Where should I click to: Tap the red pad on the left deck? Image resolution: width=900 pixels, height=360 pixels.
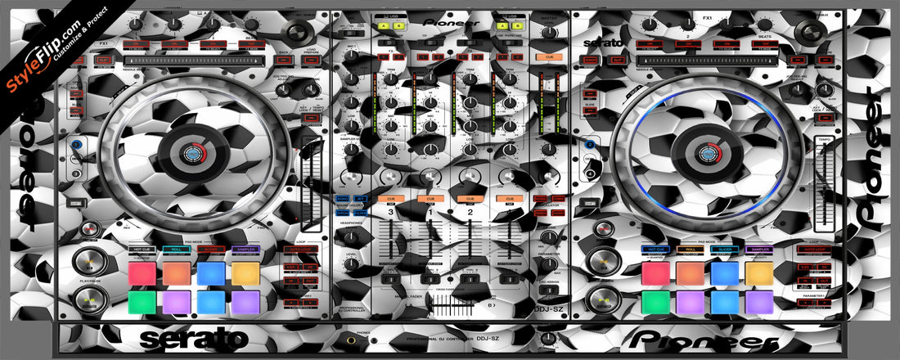[x=142, y=273]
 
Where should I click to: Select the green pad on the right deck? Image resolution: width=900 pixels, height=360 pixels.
[x=655, y=303]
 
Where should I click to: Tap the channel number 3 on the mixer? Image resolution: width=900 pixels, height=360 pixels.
[x=391, y=212]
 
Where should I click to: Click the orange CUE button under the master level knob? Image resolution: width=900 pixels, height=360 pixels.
[x=543, y=57]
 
